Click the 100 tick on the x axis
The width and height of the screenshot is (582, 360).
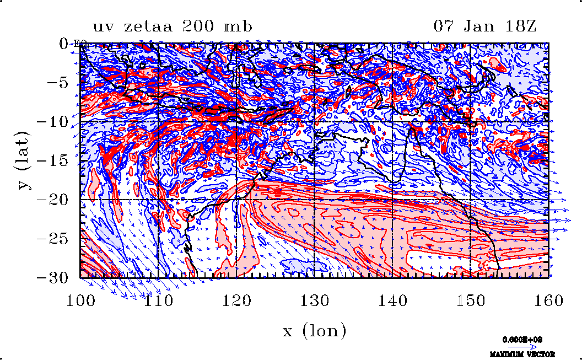click(x=82, y=300)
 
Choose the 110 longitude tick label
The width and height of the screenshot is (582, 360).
click(x=159, y=300)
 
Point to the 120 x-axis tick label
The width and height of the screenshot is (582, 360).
click(x=237, y=300)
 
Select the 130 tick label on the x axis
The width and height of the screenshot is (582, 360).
click(x=315, y=300)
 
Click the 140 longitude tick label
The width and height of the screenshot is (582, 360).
click(x=392, y=300)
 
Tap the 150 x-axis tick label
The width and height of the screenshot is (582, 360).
click(x=470, y=300)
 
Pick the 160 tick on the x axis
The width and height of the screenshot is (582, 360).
click(x=547, y=300)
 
